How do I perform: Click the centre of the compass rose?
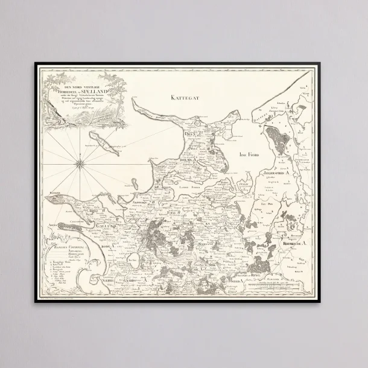[x=80, y=161]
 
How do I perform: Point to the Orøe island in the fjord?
[x=243, y=183]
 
